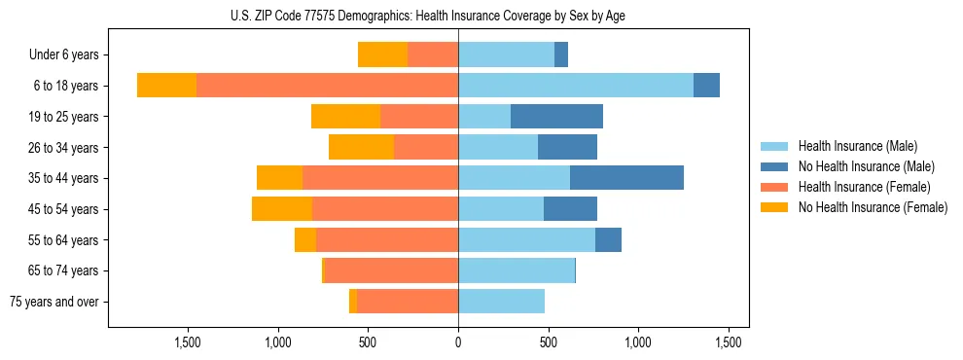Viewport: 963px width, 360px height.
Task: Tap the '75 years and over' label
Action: pos(53,302)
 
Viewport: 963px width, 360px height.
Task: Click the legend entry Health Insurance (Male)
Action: pos(857,146)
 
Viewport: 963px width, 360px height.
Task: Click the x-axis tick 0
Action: pos(458,342)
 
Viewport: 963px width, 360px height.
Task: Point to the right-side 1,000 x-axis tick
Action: pos(639,342)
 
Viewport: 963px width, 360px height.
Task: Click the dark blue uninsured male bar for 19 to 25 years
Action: pos(556,117)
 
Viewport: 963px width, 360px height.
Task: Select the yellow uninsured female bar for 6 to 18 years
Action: pos(166,86)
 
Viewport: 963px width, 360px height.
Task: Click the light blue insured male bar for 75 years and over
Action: pos(501,302)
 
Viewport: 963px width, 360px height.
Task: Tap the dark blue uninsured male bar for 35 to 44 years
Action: pos(626,178)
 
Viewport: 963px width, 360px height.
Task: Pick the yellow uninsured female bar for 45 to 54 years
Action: pos(281,209)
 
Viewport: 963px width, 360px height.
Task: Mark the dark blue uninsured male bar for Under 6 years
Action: pos(561,54)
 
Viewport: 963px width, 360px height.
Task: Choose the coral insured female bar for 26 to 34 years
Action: pos(426,147)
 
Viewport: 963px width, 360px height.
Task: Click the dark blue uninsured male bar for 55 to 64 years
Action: pos(608,239)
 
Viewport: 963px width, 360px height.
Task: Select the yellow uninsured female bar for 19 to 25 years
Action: pos(345,117)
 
